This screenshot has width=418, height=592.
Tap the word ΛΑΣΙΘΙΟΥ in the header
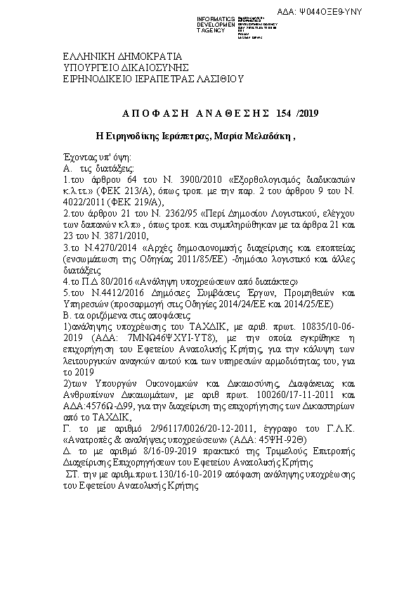218,79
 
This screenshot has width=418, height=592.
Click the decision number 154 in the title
284,112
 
